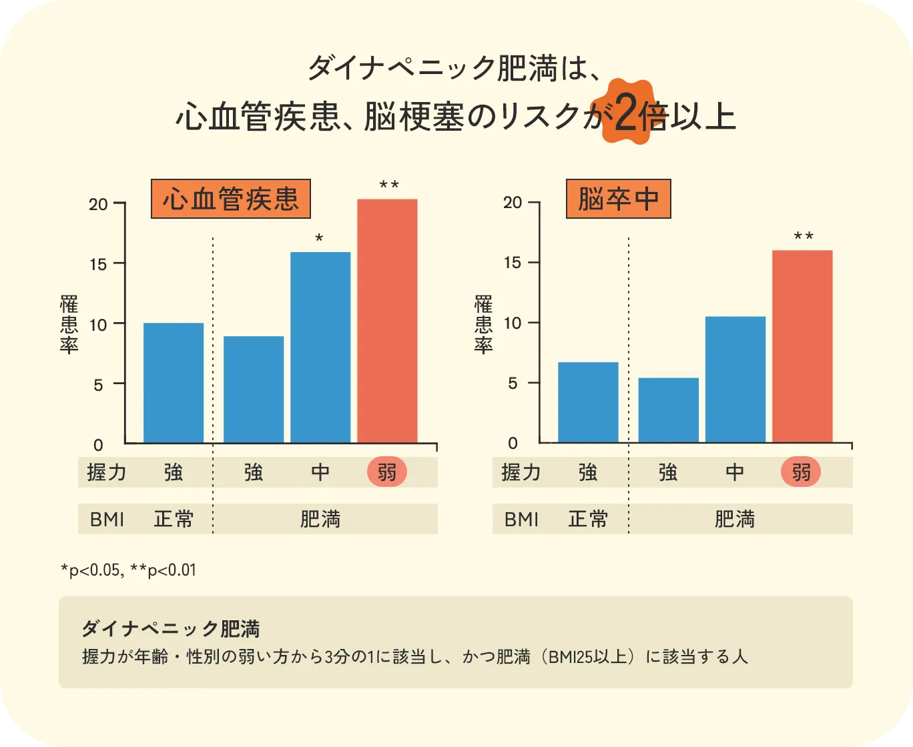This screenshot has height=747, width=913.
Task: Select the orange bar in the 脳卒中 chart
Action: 802,346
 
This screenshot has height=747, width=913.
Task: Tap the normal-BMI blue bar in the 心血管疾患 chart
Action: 174,382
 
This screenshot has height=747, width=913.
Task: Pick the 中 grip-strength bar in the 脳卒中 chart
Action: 735,379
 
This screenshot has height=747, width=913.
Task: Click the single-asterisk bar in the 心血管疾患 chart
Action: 320,347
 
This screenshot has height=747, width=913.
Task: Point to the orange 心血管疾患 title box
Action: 231,199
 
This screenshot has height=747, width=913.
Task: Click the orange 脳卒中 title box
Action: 618,199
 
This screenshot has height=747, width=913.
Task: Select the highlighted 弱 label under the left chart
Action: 387,473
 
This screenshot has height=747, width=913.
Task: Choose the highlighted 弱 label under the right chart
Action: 801,473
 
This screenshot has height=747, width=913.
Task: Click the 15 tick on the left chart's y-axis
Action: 98,264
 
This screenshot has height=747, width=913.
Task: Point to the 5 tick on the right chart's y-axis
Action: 513,384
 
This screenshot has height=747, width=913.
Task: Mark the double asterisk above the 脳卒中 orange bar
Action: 804,237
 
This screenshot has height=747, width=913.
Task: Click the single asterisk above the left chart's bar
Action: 319,238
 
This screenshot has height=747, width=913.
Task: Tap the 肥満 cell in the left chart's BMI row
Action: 320,519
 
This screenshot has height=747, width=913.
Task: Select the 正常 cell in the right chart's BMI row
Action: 588,519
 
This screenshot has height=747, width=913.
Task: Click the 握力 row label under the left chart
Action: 107,473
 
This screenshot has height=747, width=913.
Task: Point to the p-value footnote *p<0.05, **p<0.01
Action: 128,571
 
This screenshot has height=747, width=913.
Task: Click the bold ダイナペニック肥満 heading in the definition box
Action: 171,628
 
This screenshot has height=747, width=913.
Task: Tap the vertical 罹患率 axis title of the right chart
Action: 483,324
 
